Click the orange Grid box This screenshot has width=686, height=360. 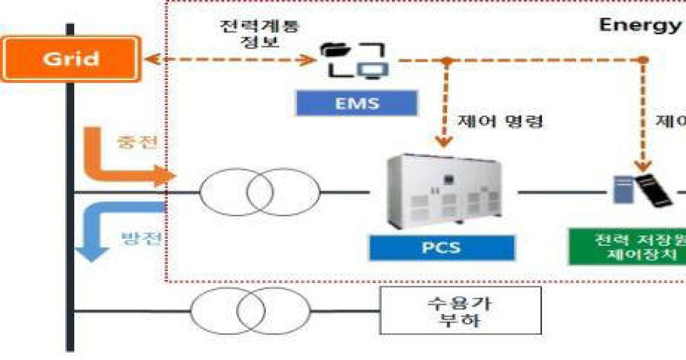[x=71, y=59]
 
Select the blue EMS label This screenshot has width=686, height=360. [x=356, y=103]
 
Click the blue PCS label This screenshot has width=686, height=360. [x=442, y=248]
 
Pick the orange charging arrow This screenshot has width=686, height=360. [x=114, y=166]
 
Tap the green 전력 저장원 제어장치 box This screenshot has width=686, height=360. [x=626, y=247]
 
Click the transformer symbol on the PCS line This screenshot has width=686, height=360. [x=260, y=192]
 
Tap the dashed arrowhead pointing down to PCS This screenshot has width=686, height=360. [x=444, y=141]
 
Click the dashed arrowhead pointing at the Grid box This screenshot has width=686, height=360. [x=150, y=59]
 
